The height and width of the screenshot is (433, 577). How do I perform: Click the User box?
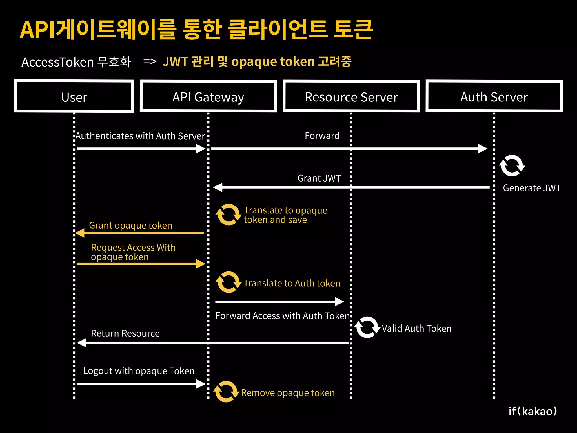pyautogui.click(x=74, y=96)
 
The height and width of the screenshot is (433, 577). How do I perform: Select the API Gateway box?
pyautogui.click(x=208, y=96)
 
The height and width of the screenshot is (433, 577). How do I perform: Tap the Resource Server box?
pyautogui.click(x=351, y=96)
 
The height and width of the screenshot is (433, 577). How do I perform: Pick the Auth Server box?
pyautogui.click(x=494, y=96)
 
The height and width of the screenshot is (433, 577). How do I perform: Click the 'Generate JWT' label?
pyautogui.click(x=532, y=188)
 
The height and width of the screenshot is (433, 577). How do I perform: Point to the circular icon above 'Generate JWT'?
pyautogui.click(x=512, y=166)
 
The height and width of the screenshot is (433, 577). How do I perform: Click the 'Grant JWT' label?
pyautogui.click(x=319, y=178)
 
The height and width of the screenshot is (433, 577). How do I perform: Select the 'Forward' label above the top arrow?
pyautogui.click(x=322, y=136)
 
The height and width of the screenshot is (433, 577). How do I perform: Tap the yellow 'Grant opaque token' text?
pyautogui.click(x=130, y=225)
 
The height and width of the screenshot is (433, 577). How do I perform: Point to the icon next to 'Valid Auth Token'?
pyautogui.click(x=367, y=327)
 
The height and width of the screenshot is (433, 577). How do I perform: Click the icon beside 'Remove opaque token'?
pyautogui.click(x=226, y=392)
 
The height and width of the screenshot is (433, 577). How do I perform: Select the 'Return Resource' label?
pyautogui.click(x=125, y=333)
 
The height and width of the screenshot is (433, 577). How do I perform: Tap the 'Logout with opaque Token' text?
pyautogui.click(x=139, y=371)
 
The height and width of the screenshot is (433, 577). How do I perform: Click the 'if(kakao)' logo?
pyautogui.click(x=532, y=411)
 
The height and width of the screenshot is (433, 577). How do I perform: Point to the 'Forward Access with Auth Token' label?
pyautogui.click(x=282, y=316)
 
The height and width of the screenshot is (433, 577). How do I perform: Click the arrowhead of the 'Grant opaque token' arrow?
pyautogui.click(x=80, y=233)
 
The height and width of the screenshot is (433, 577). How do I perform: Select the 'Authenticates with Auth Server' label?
pyautogui.click(x=140, y=136)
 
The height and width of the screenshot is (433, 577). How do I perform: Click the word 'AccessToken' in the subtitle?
pyautogui.click(x=57, y=62)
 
